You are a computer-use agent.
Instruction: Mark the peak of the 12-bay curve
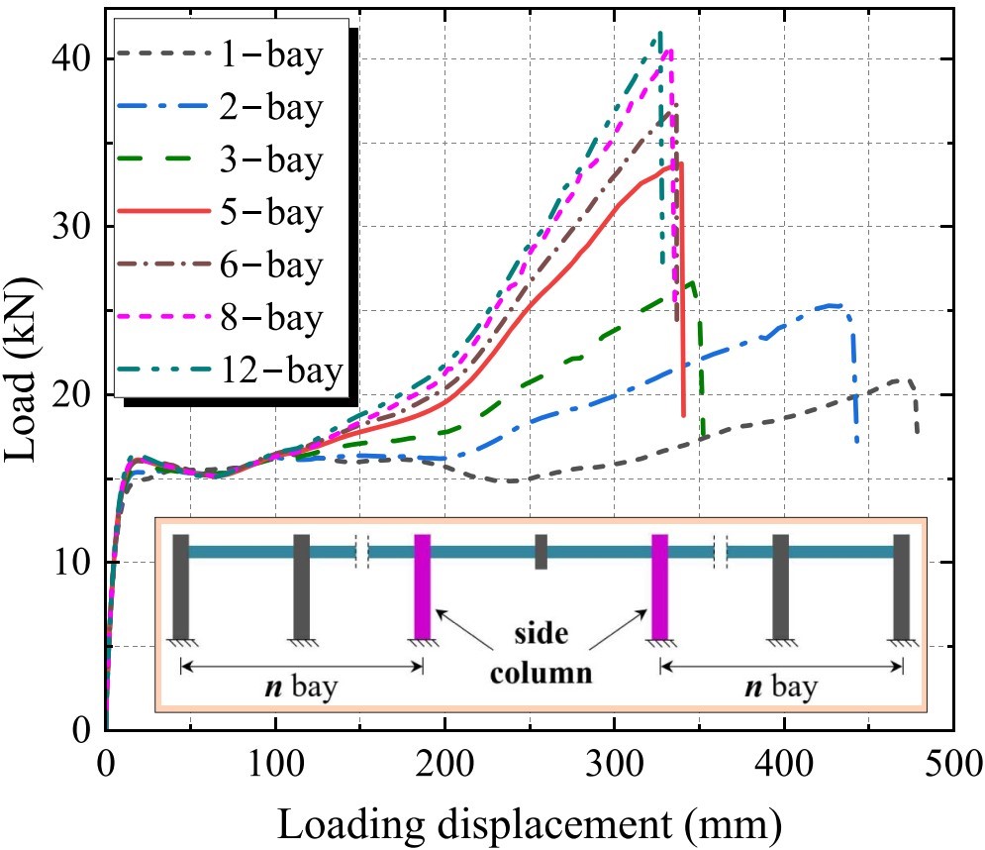click(658, 33)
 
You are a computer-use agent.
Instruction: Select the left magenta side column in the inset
click(423, 587)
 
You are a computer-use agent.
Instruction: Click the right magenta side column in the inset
click(659, 587)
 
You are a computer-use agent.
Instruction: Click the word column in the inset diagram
click(545, 676)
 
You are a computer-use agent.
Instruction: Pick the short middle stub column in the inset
click(542, 551)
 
